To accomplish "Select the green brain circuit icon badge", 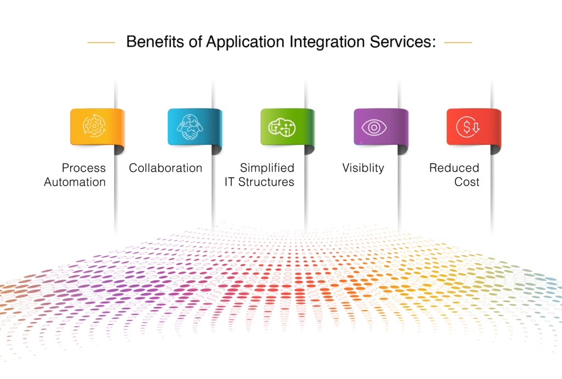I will coord(282,127).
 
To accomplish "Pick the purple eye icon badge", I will coord(375,127).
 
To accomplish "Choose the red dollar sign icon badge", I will coord(468,127).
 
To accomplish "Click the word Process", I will coord(83,168).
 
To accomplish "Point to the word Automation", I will coord(75,182).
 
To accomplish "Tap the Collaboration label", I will coord(166,168).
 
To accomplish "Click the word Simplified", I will coord(267,168).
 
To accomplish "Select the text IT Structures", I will coord(259,182).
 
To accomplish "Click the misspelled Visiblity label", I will coord(363,168).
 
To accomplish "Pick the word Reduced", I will coord(454,168).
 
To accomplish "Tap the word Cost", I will coord(467,182).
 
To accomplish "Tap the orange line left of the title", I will coord(102,42).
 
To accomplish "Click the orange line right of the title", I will coord(458,42).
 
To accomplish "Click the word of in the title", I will coord(195,42).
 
